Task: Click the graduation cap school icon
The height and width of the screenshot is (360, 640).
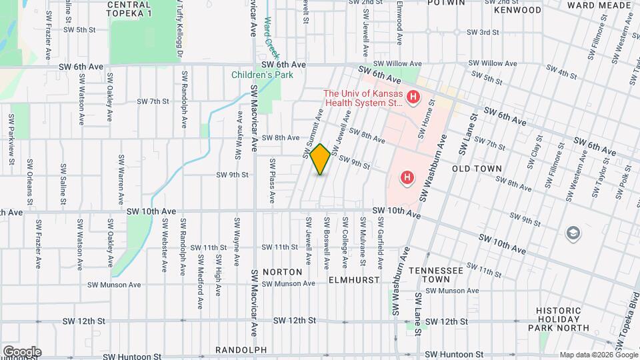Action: pyautogui.click(x=572, y=233)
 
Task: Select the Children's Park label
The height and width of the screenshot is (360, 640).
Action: pyautogui.click(x=262, y=75)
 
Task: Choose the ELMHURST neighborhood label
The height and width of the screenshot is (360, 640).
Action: pyautogui.click(x=354, y=281)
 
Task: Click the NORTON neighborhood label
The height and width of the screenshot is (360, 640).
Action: pyautogui.click(x=282, y=272)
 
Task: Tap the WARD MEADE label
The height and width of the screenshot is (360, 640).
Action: pyautogui.click(x=599, y=5)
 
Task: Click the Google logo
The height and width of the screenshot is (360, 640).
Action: pyautogui.click(x=21, y=351)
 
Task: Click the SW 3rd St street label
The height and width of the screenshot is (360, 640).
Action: pyautogui.click(x=483, y=32)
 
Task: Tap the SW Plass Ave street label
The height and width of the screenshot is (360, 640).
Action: pyautogui.click(x=272, y=181)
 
